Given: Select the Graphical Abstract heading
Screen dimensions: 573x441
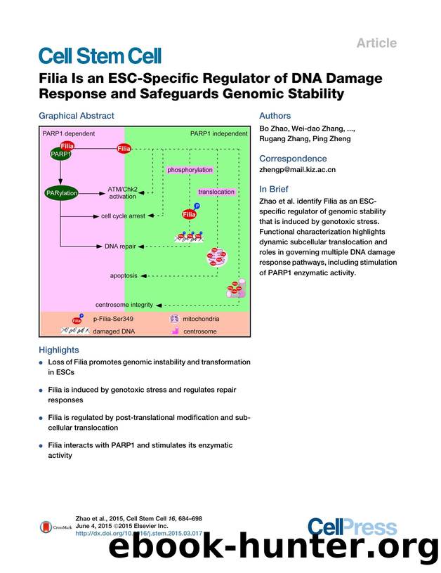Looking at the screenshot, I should pyautogui.click(x=76, y=116).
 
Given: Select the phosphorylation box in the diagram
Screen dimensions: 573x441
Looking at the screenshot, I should pyautogui.click(x=189, y=170).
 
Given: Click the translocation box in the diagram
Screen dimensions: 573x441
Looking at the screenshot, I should pyautogui.click(x=216, y=191).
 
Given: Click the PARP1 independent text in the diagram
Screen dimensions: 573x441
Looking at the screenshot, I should pyautogui.click(x=218, y=133).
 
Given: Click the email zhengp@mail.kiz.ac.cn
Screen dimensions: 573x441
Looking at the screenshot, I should pyautogui.click(x=298, y=169).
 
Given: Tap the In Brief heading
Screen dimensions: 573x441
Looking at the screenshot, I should pyautogui.click(x=275, y=188).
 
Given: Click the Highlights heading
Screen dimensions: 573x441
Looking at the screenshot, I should pyautogui.click(x=59, y=350).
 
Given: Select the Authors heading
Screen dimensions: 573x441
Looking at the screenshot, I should pyautogui.click(x=275, y=116).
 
